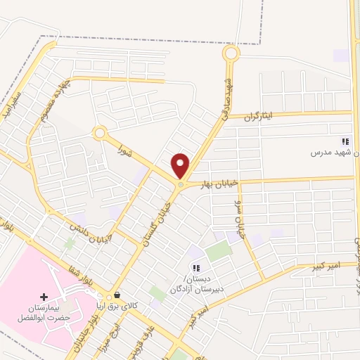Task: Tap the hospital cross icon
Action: [x=45, y=297]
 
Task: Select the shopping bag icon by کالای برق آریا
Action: [x=117, y=295]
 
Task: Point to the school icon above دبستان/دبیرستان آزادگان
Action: [x=196, y=267]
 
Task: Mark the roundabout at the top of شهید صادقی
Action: [x=231, y=53]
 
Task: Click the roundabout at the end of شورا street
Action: [x=100, y=132]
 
